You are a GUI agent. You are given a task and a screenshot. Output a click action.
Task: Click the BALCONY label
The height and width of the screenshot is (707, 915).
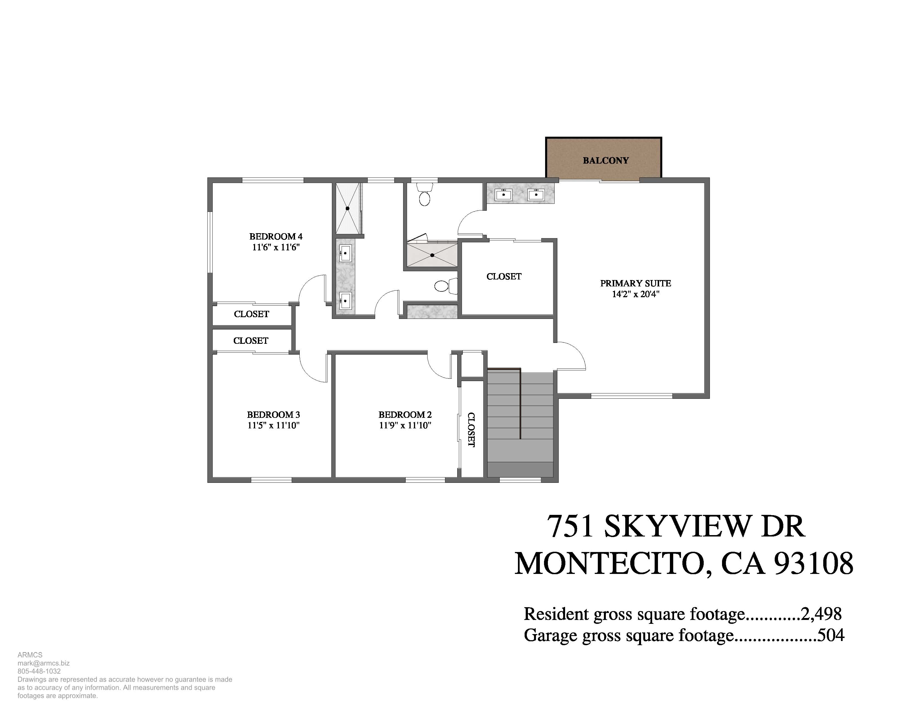pos(606,161)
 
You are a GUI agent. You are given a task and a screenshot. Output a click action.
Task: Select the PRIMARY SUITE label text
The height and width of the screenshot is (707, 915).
pos(636,283)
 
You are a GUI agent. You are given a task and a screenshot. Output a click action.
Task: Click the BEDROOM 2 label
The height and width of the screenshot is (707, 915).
pos(405,415)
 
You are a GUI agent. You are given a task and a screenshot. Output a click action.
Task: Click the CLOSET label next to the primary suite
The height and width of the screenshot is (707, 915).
pos(504,276)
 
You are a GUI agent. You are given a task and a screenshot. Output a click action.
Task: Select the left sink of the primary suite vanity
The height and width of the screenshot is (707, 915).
pos(503,194)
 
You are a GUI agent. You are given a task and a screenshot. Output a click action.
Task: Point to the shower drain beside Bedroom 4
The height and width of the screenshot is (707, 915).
pos(347,208)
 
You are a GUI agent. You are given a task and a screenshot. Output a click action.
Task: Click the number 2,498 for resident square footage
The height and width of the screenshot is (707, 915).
pos(821,614)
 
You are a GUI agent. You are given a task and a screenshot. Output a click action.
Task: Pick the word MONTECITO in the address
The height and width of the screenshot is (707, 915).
pos(609,564)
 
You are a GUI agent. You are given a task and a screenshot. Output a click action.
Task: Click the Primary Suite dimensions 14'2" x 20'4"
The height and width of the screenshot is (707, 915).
pos(636,294)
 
